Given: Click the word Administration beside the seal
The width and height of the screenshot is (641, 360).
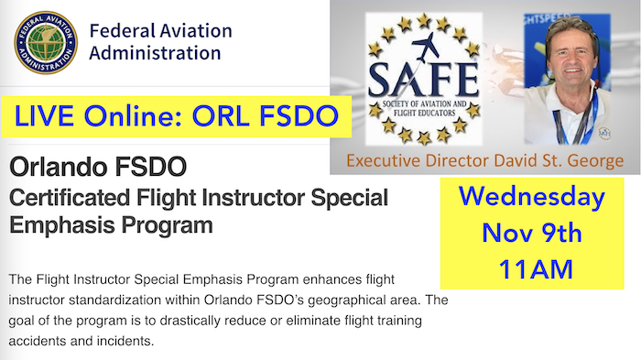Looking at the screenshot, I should pos(155,53).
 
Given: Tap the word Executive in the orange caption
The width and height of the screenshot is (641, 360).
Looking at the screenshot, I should pos(384,162).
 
